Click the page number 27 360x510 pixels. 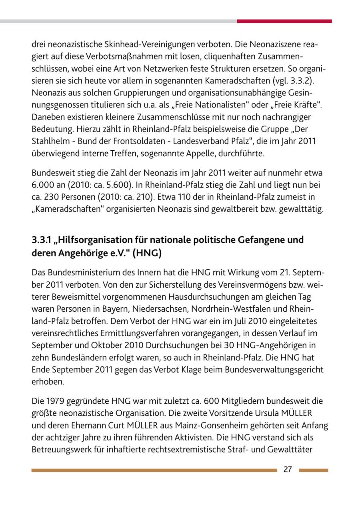(288, 470)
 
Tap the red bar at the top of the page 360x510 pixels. (284, 21)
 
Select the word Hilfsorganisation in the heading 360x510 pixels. (95, 240)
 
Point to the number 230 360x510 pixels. (52, 197)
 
